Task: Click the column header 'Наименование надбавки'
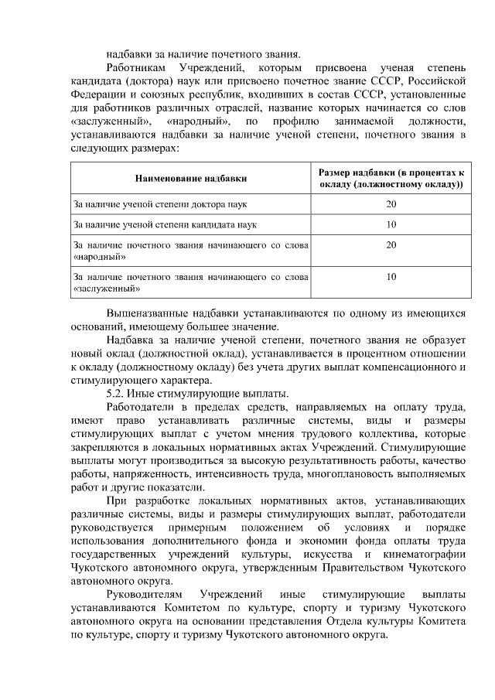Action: [191, 178]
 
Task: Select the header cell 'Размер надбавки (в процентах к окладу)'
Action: [391, 178]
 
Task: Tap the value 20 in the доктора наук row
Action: [391, 204]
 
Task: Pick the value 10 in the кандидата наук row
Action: [391, 224]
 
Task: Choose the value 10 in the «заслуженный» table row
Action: [391, 275]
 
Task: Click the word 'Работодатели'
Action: [141, 407]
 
